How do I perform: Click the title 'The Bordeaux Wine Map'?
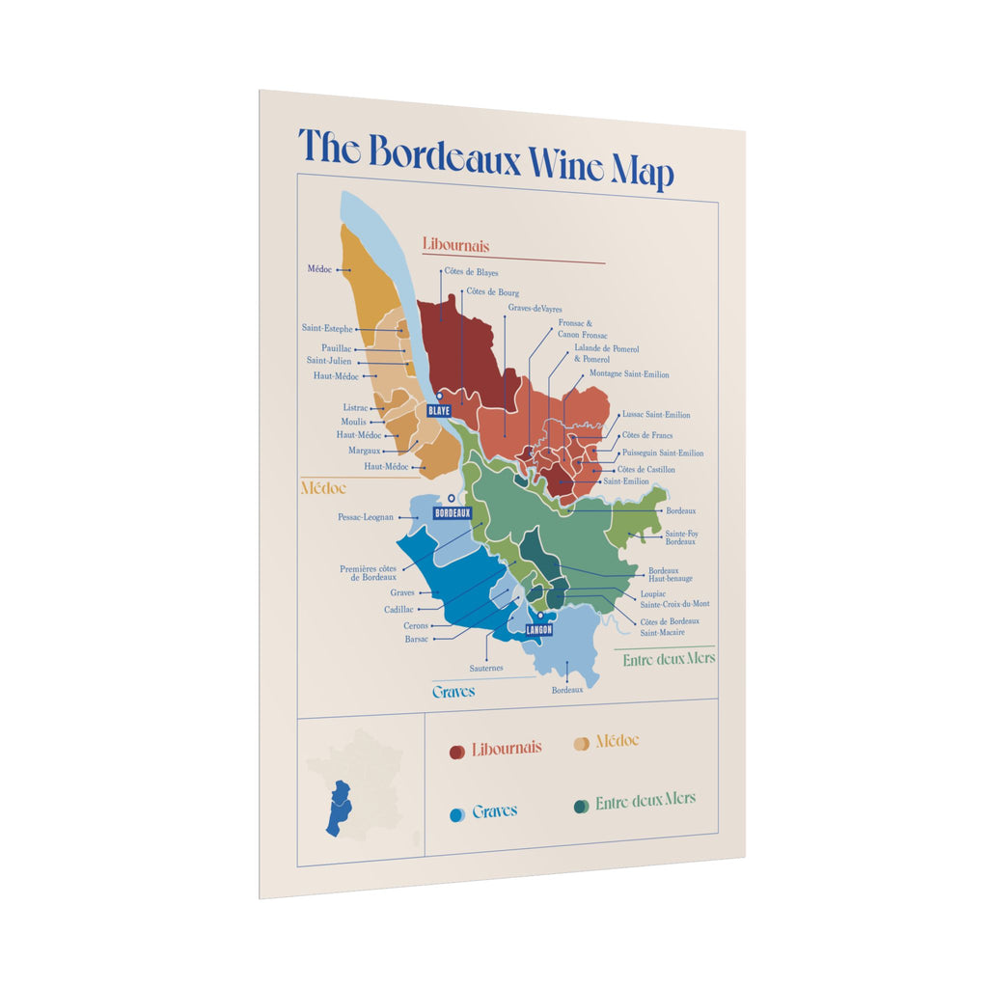click(485, 157)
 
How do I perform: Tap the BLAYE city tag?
click(438, 410)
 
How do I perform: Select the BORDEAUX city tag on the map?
click(452, 513)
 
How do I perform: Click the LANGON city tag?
click(538, 630)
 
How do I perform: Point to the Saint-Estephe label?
click(327, 329)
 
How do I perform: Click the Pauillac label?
click(337, 348)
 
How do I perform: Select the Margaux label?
click(364, 451)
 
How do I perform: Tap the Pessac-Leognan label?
click(366, 517)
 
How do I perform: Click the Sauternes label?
click(486, 668)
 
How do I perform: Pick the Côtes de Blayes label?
click(471, 273)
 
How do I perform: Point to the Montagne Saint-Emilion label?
click(629, 374)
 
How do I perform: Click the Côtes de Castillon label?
click(645, 470)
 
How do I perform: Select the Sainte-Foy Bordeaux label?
click(680, 537)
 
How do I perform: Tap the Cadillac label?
click(398, 610)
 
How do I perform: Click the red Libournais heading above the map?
click(455, 246)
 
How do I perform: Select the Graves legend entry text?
click(494, 811)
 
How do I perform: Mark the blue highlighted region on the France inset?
click(339, 808)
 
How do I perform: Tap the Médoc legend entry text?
click(617, 741)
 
